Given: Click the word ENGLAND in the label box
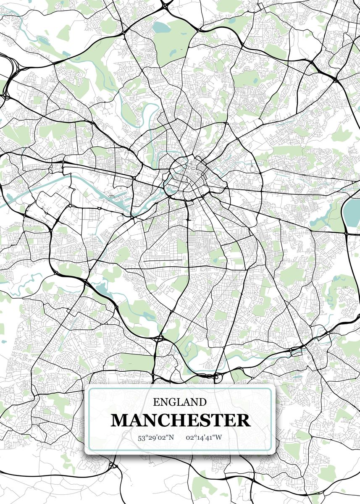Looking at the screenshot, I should [180, 402].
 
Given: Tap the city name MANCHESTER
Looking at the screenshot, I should [180, 420].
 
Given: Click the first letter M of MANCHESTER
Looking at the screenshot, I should [120, 420].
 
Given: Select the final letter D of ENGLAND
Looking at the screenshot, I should [202, 402].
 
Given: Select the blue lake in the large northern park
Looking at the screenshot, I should [160, 28].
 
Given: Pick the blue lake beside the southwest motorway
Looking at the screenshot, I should [101, 289].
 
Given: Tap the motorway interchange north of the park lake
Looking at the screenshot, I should [165, 5].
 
